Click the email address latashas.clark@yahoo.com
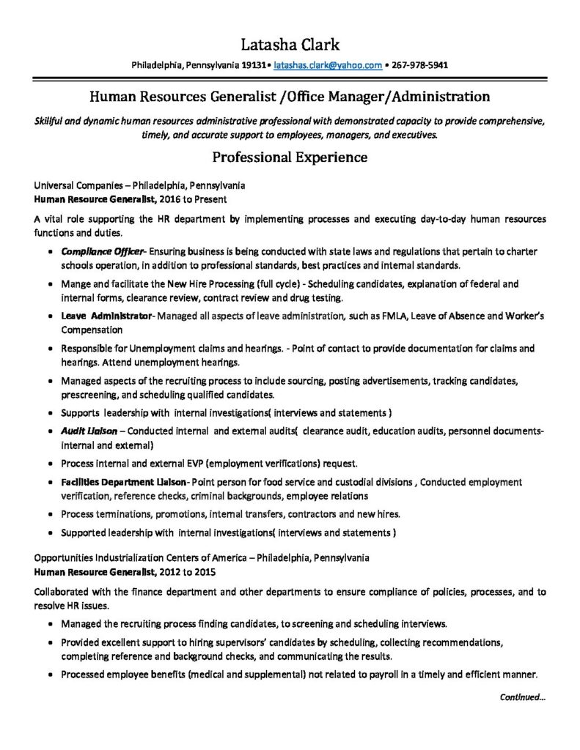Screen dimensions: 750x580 coord(327,65)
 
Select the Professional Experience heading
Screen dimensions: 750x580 coord(290,157)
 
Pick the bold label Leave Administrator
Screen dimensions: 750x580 coord(106,316)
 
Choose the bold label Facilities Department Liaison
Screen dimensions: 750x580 coord(124,482)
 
